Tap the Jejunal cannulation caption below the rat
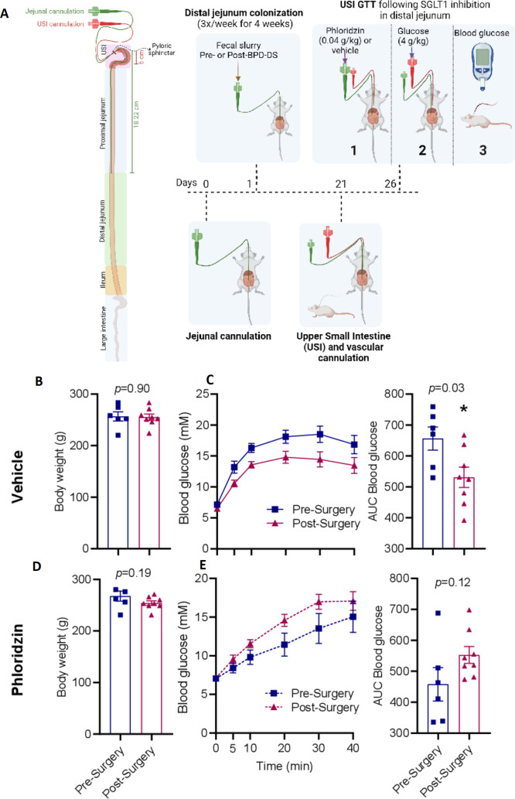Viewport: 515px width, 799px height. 230,337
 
